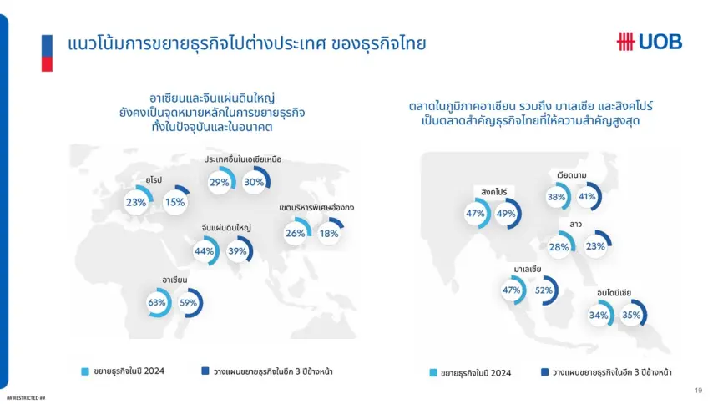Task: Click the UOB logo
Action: coord(649,42)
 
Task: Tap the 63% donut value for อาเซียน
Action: coord(157,303)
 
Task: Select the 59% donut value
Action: coord(188,303)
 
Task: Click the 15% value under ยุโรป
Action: coord(175,202)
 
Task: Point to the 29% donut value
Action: coord(219,182)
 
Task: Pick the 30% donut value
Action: coord(254,182)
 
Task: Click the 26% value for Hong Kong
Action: coord(295,233)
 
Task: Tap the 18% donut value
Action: coord(329,234)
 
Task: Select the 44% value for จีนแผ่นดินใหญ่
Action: coord(204,251)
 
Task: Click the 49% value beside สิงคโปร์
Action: coord(506,214)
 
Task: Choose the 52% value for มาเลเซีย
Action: coord(544,290)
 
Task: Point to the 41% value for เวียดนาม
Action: coord(587,197)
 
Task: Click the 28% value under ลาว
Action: coord(559,247)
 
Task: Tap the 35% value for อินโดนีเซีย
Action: coord(631,315)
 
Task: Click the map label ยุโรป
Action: coord(154,180)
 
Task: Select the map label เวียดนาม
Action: coord(571,175)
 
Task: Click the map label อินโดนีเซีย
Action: coord(614,293)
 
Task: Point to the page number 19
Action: coord(698,391)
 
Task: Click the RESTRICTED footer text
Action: coord(26,398)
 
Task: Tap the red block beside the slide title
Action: coord(47,64)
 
